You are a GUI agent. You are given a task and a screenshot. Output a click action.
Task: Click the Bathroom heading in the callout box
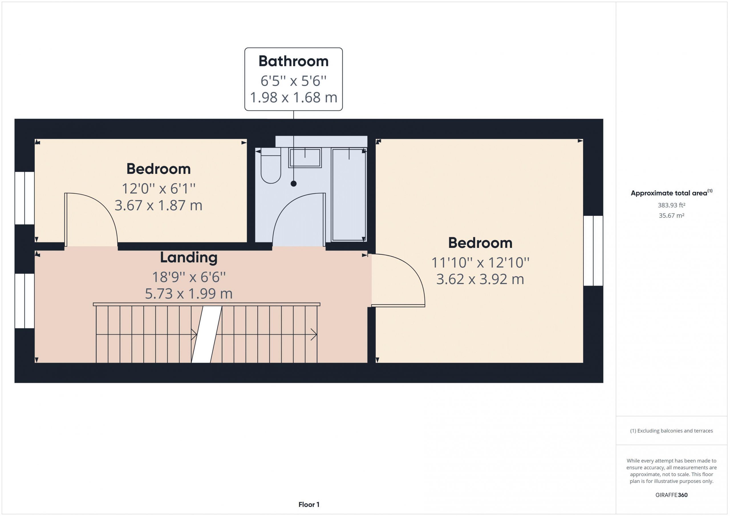tap(293, 61)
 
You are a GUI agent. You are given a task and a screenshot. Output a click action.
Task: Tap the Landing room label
tap(188, 258)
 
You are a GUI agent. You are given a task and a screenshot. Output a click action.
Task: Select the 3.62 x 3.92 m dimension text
tap(480, 279)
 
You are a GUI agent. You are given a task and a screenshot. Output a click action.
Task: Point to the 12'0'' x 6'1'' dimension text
tap(158, 189)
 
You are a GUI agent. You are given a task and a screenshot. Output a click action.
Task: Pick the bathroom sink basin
tap(305, 158)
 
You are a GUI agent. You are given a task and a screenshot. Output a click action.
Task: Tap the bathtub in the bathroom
tap(349, 194)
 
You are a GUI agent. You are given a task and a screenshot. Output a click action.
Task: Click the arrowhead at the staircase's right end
tap(314, 335)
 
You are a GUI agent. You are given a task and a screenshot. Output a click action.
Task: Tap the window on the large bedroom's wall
tap(593, 251)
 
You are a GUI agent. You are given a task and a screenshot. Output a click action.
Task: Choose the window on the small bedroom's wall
tap(25, 198)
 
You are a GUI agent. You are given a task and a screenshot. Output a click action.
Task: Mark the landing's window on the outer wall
tap(25, 301)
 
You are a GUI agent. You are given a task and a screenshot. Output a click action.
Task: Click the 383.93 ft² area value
tap(672, 205)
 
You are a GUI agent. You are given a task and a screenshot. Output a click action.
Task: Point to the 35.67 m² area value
tap(672, 215)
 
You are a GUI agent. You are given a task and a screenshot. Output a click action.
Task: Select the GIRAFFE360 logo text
tap(672, 495)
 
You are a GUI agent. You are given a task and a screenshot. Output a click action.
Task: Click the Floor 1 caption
tap(309, 504)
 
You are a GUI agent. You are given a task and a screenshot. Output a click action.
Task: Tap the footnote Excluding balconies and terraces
tap(672, 431)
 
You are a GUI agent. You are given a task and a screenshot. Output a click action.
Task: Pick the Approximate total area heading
tap(672, 193)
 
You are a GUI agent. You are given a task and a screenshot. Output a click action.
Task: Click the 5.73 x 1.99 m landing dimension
tap(189, 293)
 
